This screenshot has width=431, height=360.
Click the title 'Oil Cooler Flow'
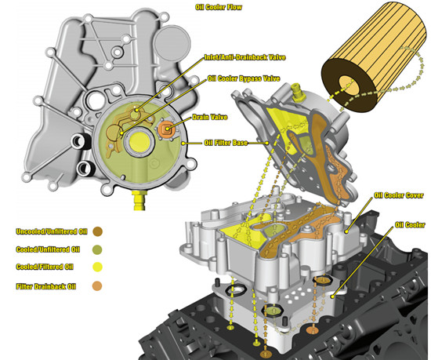tap(219, 7)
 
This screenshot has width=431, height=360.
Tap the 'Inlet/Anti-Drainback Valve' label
tap(245, 57)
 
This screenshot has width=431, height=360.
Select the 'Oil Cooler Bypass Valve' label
tap(244, 78)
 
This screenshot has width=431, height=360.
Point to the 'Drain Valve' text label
tap(210, 117)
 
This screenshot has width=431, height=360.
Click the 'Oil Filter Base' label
tap(226, 143)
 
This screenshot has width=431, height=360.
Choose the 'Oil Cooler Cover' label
tap(399, 195)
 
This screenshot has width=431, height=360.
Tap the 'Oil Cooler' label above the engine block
tap(410, 225)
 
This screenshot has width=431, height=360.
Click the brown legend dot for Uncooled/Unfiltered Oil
tap(98, 231)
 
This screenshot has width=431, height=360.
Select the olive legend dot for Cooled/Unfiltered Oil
tap(97, 249)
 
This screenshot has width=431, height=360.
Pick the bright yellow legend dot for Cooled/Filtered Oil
tap(97, 267)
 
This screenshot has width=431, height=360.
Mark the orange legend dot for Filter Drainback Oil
tap(97, 286)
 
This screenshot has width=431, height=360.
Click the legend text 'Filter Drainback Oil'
tap(46, 286)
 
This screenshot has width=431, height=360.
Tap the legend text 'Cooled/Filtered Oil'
tap(45, 267)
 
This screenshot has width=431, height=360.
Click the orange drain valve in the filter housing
tap(167, 129)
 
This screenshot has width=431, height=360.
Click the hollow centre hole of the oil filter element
tap(349, 85)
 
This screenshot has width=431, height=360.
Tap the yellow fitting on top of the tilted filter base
tap(298, 93)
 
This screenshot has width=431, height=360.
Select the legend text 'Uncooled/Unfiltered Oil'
tap(52, 231)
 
